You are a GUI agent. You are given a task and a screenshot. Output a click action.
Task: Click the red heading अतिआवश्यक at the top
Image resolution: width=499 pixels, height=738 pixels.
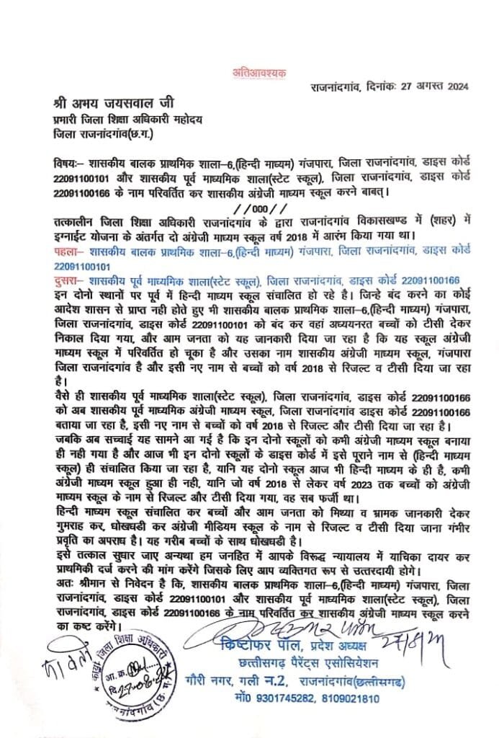(x=249, y=71)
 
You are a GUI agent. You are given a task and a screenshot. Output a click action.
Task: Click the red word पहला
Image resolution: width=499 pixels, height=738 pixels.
(x=66, y=249)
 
